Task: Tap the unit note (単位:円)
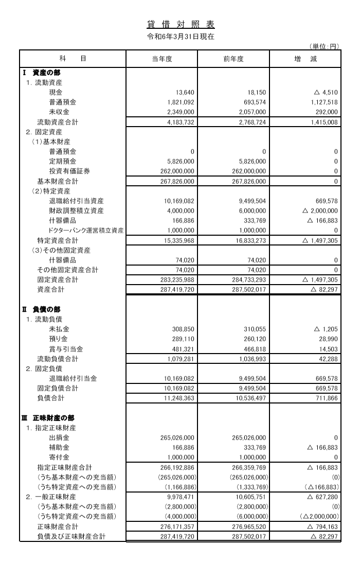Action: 325,47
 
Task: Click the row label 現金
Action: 56,93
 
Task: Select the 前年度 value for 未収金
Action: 252,112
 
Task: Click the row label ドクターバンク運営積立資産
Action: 86,231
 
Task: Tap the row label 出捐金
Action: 59,438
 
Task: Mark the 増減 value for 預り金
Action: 327,339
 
